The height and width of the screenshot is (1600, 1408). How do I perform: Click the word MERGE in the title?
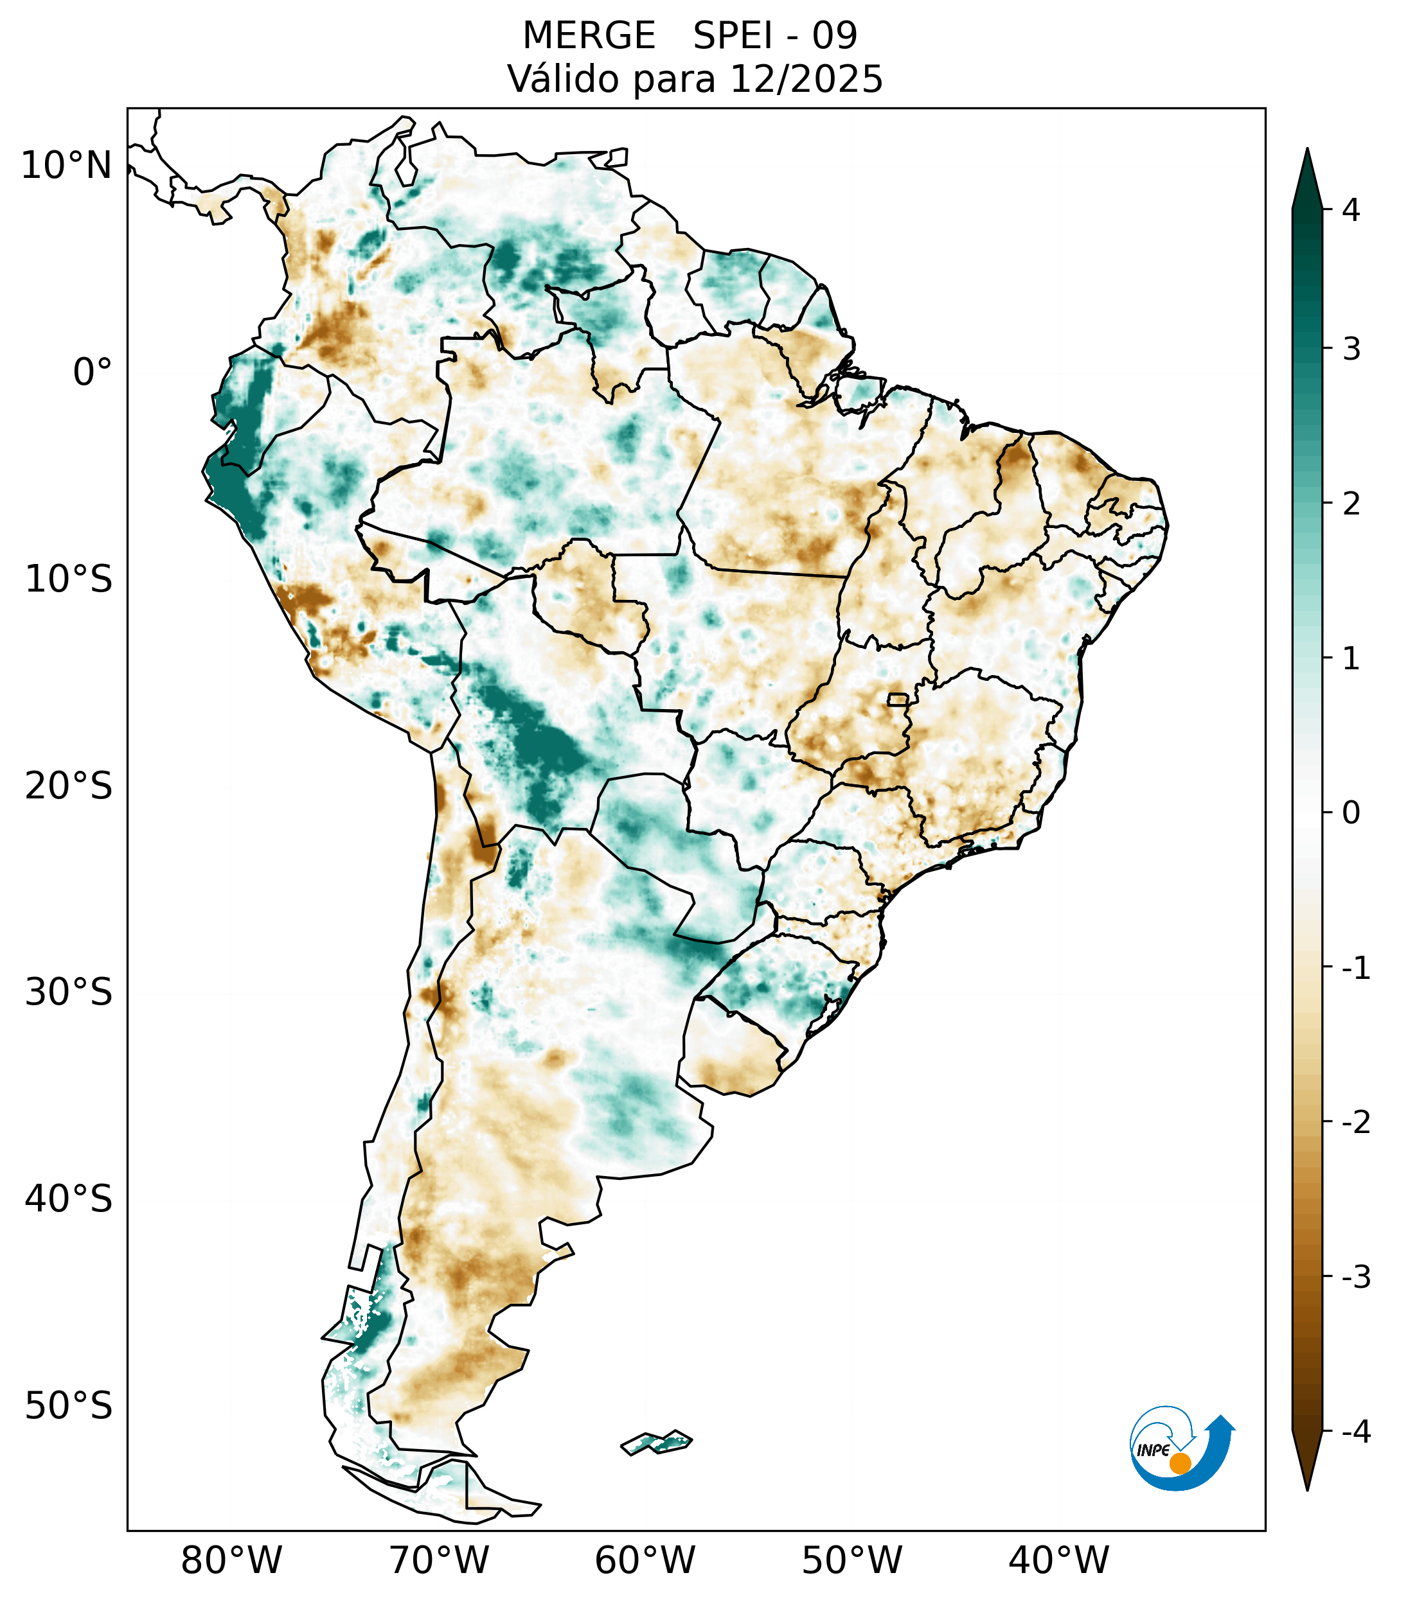(588, 36)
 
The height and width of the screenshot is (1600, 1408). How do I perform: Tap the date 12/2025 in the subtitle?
(806, 79)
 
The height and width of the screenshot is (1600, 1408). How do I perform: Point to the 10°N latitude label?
(67, 166)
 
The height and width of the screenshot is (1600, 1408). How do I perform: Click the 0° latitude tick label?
(93, 373)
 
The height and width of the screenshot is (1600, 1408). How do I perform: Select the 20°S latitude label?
(69, 787)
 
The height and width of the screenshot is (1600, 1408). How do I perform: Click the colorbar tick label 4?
(1351, 210)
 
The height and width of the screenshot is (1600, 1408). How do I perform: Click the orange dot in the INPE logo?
(1179, 1463)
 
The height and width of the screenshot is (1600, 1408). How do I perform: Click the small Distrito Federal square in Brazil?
(897, 699)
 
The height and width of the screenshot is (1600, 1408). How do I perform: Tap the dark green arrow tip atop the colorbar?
(1307, 176)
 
